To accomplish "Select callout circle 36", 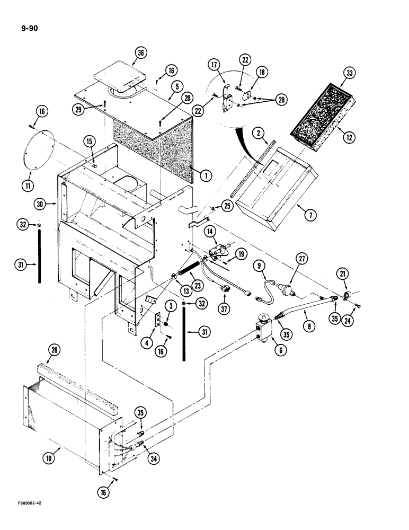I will (140, 53).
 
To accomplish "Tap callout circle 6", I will (283, 350).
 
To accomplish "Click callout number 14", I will (210, 231).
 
